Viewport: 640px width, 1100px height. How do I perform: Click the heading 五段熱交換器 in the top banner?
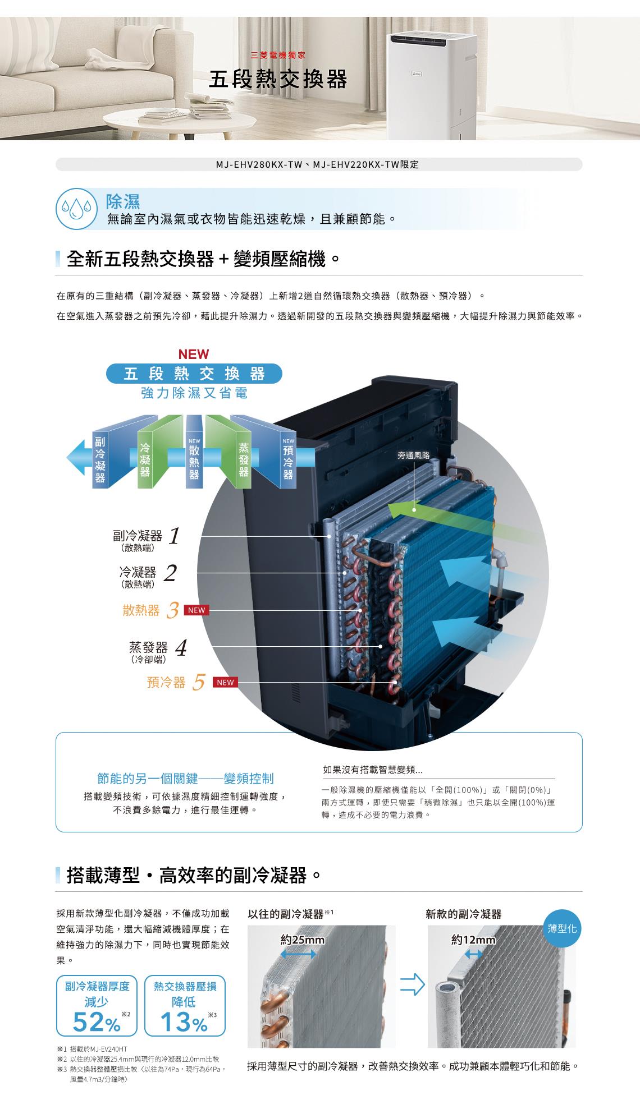[278, 80]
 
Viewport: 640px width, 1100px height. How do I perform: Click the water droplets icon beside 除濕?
[77, 209]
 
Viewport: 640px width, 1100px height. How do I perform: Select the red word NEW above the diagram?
[193, 355]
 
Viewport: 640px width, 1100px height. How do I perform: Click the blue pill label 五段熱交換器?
[194, 374]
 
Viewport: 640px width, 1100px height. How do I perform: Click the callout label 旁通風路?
[413, 456]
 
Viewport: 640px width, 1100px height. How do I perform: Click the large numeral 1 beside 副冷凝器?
[174, 536]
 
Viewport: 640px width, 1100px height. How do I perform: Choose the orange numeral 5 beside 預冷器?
[198, 683]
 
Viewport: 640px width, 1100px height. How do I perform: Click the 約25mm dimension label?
[303, 940]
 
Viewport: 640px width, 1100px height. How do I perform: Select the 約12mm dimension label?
[474, 940]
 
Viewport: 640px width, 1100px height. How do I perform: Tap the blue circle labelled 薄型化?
[562, 929]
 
